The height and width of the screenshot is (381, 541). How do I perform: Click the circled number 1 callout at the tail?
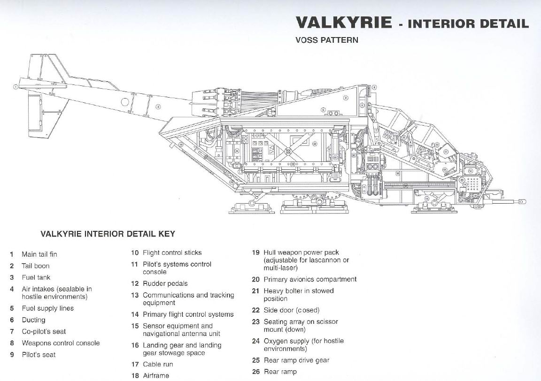pyautogui.click(x=15, y=86)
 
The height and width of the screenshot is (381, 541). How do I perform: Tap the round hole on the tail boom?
pyautogui.click(x=125, y=101)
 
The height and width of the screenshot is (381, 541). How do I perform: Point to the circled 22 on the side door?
pyautogui.click(x=315, y=144)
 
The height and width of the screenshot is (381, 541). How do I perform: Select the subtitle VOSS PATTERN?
pyautogui.click(x=326, y=40)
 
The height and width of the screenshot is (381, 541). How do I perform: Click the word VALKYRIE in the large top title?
pyautogui.click(x=343, y=23)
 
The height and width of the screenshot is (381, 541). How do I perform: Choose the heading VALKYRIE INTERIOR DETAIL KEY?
pyautogui.click(x=108, y=234)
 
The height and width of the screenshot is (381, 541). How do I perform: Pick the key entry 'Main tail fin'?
pyautogui.click(x=39, y=254)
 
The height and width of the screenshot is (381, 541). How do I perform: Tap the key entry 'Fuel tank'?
pyautogui.click(x=36, y=277)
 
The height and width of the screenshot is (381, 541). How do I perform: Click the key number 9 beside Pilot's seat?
pyautogui.click(x=12, y=355)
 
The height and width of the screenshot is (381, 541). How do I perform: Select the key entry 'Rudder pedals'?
pyautogui.click(x=165, y=283)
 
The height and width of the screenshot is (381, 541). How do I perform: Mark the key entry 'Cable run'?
pyautogui.click(x=158, y=364)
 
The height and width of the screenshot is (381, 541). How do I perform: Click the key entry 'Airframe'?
pyautogui.click(x=156, y=375)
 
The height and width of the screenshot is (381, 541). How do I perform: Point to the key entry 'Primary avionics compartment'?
pyautogui.click(x=310, y=279)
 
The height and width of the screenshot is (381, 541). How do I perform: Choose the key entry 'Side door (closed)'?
pyautogui.click(x=291, y=310)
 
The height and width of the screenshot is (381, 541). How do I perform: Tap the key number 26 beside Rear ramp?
pyautogui.click(x=255, y=372)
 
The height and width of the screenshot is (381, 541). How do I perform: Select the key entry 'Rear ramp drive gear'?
pyautogui.click(x=296, y=360)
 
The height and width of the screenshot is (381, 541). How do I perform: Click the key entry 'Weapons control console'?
pyautogui.click(x=61, y=343)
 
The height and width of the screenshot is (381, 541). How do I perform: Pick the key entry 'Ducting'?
pyautogui.click(x=33, y=320)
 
